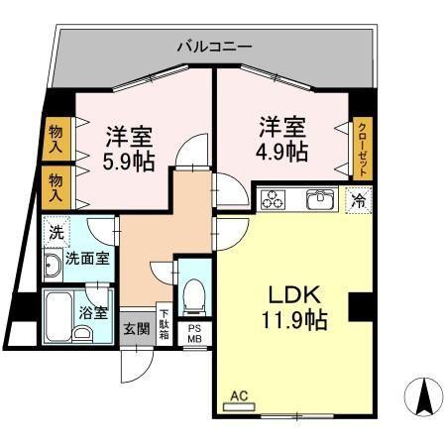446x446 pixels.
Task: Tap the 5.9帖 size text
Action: point(130,161)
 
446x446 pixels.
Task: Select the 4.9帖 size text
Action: point(283,153)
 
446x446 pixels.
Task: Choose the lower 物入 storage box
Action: point(55,185)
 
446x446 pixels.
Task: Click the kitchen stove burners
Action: point(274,199)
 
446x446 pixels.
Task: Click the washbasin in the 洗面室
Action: point(53,265)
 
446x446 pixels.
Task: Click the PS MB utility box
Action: point(194,334)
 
